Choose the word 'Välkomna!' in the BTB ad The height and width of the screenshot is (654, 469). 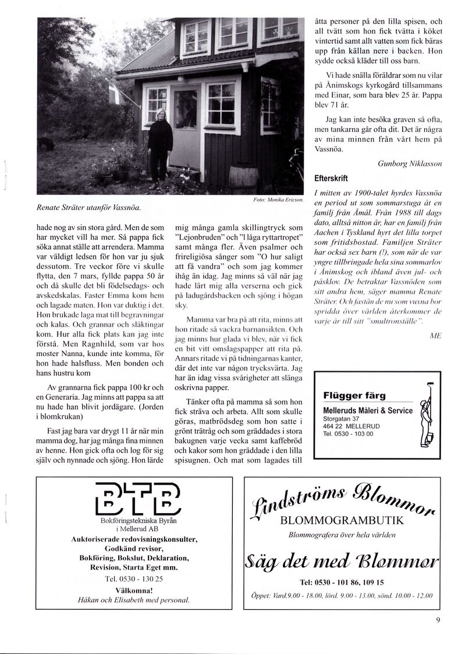pos(137,589)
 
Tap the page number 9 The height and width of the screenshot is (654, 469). pos(438,620)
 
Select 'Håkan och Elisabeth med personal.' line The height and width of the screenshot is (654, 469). pos(137,599)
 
